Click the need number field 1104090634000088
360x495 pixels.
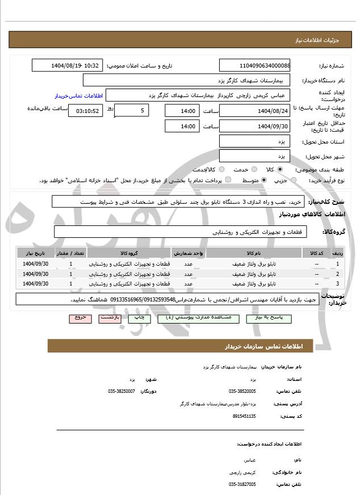point(254,65)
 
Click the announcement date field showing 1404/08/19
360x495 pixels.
point(68,65)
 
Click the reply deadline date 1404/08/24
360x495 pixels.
point(254,111)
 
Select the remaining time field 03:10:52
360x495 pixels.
point(86,111)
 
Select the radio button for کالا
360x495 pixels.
point(280,169)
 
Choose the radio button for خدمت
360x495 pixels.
point(253,169)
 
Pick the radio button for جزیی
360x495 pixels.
point(293,180)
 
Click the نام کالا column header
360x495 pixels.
point(254,253)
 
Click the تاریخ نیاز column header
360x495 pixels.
point(35,253)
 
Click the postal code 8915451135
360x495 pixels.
point(244,416)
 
